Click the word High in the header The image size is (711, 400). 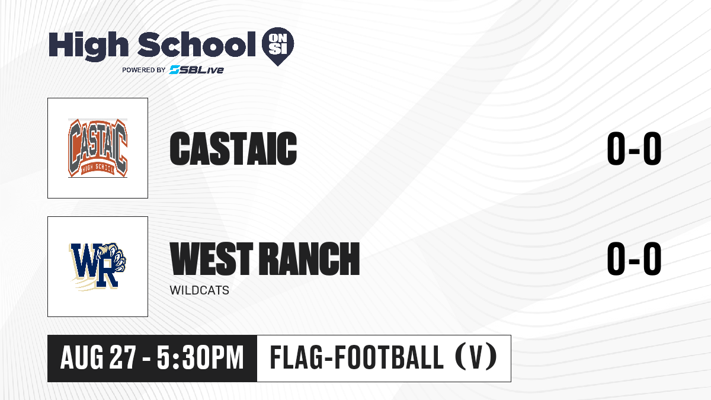tap(88, 46)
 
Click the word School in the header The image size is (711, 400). tap(197, 44)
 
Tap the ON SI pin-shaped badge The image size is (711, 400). tap(278, 46)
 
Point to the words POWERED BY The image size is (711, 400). tap(144, 70)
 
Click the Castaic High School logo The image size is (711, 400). tap(98, 148)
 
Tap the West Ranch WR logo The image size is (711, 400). tap(98, 267)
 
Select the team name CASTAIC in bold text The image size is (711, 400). tap(233, 149)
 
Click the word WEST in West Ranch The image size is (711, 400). tap(212, 258)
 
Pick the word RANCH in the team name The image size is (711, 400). tap(310, 258)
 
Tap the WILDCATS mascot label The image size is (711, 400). tap(199, 290)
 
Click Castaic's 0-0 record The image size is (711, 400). tap(634, 149)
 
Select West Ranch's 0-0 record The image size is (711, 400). tap(634, 258)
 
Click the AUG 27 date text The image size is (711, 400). tap(98, 358)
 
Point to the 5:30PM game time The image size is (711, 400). tap(200, 358)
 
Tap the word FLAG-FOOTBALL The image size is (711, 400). tap(357, 357)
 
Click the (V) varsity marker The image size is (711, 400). tap(476, 357)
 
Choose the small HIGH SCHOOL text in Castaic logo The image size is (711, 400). tap(98, 169)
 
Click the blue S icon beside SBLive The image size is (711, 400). tap(174, 70)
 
